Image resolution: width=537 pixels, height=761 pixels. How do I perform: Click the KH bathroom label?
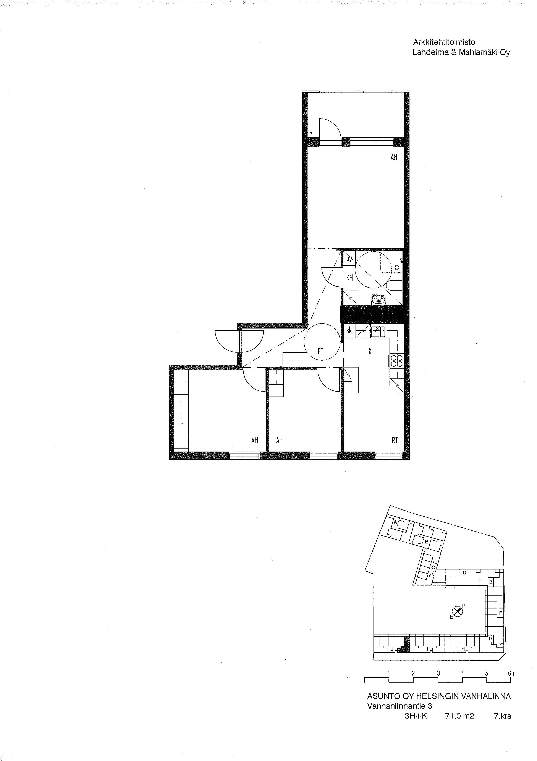(x=349, y=278)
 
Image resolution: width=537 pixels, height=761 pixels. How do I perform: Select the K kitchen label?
(x=370, y=351)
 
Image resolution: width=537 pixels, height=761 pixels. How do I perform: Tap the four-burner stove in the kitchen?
(x=396, y=361)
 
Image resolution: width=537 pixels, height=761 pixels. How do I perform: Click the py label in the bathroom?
(x=349, y=259)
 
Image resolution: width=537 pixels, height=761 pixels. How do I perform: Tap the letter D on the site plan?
(x=464, y=582)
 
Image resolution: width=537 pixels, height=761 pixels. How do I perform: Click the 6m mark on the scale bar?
(x=512, y=673)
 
